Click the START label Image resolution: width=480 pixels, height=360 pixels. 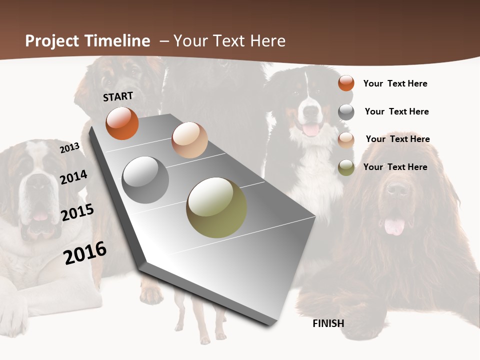118,96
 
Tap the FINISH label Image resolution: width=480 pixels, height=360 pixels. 328,323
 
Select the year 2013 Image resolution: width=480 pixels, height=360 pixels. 69,148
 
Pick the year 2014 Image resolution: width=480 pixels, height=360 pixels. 73,177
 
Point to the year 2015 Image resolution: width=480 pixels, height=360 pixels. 77,212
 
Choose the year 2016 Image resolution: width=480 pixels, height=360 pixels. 85,253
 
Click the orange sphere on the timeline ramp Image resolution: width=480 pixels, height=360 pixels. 122,123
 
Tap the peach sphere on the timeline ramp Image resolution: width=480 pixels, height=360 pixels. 189,140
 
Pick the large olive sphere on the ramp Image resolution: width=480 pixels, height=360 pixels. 216,207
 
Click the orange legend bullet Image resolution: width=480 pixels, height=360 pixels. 346,83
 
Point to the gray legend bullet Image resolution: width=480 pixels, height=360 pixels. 346,112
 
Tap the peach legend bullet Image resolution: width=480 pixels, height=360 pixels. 346,140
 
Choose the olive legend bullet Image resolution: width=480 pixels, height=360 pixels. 346,167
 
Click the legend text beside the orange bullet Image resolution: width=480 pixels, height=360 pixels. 395,83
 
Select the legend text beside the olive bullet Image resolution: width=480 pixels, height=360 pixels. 395,167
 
